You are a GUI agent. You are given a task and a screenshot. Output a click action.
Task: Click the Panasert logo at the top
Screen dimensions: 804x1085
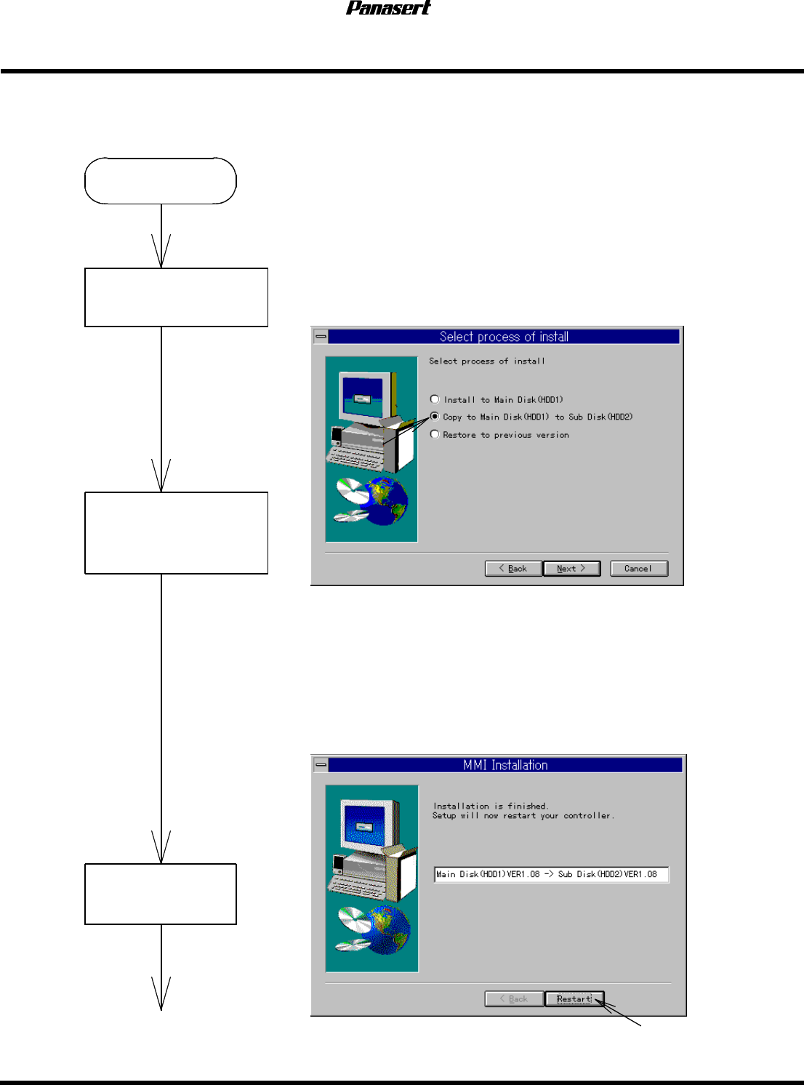[x=388, y=8]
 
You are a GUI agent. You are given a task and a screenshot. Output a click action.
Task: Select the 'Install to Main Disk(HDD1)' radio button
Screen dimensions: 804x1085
[x=435, y=399]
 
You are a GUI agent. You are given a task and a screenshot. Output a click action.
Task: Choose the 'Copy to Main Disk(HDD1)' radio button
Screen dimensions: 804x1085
[x=435, y=417]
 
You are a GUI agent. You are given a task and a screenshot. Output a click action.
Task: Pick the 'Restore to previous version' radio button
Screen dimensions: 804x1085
[x=435, y=434]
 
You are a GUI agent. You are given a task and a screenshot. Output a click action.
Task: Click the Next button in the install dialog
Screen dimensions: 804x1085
[x=571, y=569]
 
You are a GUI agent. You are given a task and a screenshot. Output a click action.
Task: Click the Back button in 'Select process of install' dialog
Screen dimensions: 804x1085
[x=513, y=569]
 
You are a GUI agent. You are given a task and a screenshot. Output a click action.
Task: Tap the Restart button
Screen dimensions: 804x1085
[x=574, y=999]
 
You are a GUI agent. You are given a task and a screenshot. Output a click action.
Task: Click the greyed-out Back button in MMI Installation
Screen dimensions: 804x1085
[x=514, y=999]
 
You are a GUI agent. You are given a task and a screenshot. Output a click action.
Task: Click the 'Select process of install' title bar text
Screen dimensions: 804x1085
[x=504, y=337]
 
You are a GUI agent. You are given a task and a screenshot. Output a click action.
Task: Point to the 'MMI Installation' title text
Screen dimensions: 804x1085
[x=505, y=765]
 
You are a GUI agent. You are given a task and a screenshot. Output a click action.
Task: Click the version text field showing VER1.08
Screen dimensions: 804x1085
[x=551, y=874]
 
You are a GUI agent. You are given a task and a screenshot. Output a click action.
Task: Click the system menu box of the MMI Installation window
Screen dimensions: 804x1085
[x=321, y=765]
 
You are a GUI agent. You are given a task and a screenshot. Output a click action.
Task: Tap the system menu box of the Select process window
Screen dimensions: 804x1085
[x=321, y=337]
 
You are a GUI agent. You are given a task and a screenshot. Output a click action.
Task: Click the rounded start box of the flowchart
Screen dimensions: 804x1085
[x=161, y=181]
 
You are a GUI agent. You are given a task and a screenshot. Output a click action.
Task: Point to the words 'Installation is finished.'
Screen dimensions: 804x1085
[x=491, y=806]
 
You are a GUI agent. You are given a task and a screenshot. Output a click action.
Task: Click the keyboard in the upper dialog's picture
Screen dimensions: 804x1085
[x=355, y=455]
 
